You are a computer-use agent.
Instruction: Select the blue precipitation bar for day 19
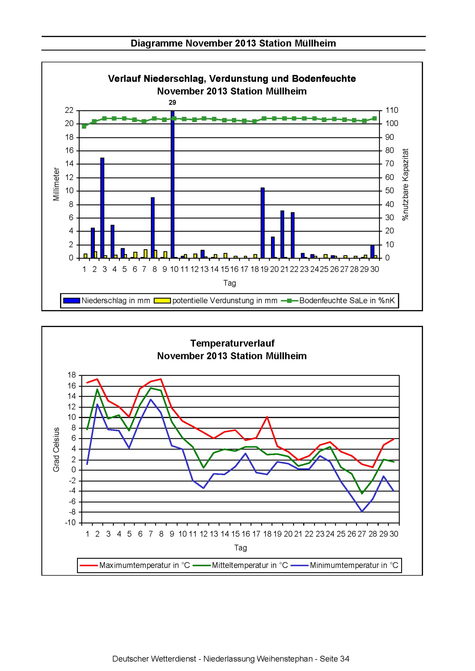263,223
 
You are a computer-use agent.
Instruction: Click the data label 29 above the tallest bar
172,103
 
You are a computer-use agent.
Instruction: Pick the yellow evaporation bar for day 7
146,254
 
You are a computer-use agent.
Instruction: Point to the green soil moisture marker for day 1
84,126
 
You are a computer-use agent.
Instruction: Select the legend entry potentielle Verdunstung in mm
216,300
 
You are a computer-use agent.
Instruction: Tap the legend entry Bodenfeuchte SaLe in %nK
338,300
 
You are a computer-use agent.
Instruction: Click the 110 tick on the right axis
392,110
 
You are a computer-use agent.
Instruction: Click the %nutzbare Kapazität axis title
405,184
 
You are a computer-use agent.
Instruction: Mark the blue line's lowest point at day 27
362,511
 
